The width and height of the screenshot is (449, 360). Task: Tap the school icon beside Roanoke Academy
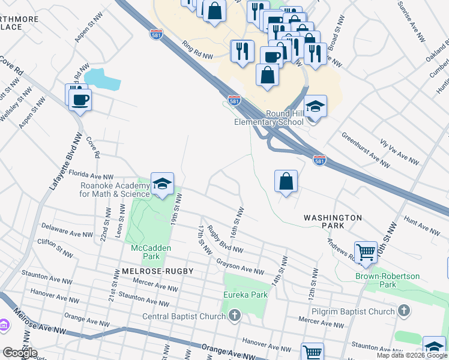coord(162,185)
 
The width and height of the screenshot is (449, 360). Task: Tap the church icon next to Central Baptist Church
coord(235,315)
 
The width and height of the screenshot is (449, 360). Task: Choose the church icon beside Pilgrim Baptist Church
coord(404,310)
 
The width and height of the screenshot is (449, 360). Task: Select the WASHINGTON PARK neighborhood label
coord(333,221)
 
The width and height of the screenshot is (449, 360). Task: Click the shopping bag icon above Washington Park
coord(286,181)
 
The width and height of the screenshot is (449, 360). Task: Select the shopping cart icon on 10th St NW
coord(366,253)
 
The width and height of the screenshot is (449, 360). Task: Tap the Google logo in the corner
coord(19,352)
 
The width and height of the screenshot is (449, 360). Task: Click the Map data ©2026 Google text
coord(412,355)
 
